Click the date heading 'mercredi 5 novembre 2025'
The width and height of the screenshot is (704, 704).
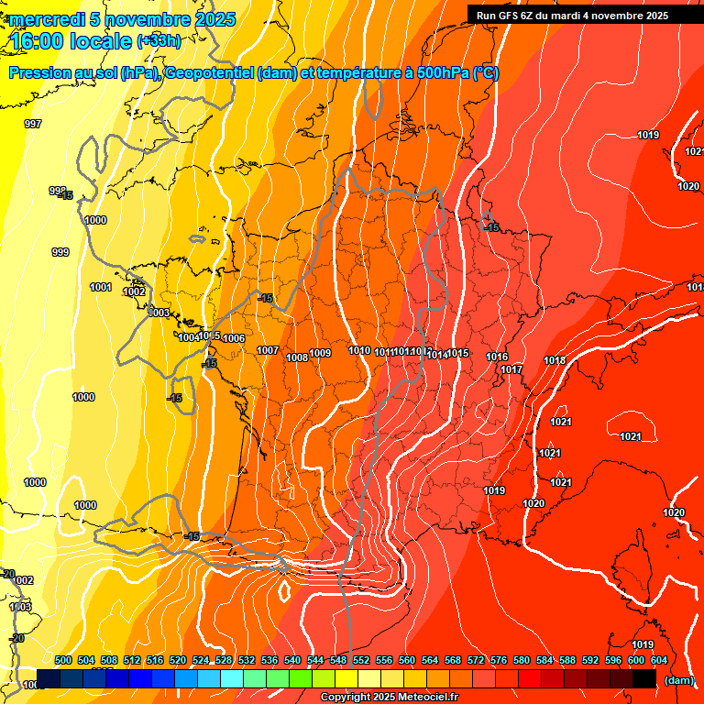tap(123, 19)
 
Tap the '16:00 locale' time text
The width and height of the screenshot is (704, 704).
tap(71, 40)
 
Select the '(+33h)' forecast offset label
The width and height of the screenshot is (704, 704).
tap(159, 40)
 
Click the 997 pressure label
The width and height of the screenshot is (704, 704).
tap(33, 124)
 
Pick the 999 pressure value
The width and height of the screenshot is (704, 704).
tap(60, 252)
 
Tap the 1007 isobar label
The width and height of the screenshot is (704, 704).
tap(268, 350)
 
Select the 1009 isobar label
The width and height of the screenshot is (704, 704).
tap(320, 353)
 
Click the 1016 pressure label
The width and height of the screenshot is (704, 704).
tap(497, 357)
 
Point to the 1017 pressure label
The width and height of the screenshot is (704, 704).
tap(511, 369)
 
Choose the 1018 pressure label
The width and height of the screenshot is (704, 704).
tap(555, 360)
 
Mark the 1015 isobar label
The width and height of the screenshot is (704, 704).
tap(458, 353)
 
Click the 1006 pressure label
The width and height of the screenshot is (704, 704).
tap(234, 338)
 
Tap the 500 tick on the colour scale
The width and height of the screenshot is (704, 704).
tap(63, 660)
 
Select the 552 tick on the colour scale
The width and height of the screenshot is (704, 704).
tap(361, 660)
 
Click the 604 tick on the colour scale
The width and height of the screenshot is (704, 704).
tap(659, 660)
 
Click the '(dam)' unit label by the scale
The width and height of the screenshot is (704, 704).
tap(678, 680)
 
